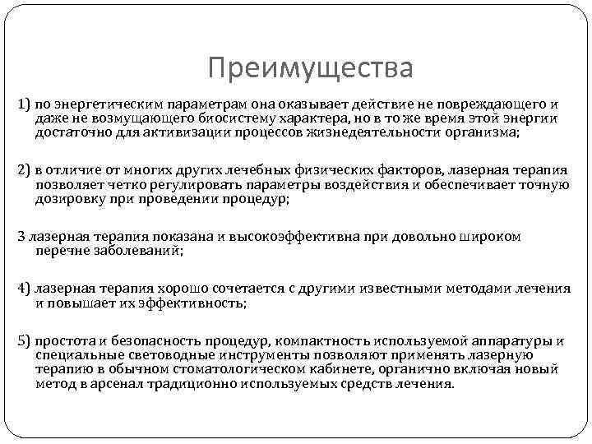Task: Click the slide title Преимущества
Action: point(310,67)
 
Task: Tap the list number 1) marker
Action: point(24,105)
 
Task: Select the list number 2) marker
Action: point(24,171)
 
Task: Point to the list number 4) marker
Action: point(24,289)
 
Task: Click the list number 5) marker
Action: point(24,341)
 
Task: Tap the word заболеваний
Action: point(135,250)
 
